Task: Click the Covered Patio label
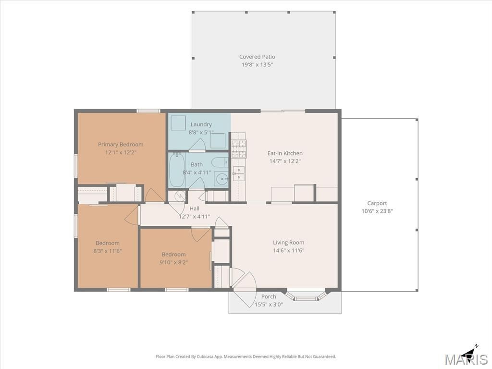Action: coord(257,57)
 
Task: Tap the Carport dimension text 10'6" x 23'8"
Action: coord(377,211)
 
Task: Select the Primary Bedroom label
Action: coord(121,145)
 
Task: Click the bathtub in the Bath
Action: coord(177,170)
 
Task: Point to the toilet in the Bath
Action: coord(220,162)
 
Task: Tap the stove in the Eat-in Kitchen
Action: coord(239,149)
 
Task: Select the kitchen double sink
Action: coord(239,173)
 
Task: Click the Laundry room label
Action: coord(201,124)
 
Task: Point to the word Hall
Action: coord(194,209)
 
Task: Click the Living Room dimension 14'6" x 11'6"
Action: coord(288,250)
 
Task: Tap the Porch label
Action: coord(269,296)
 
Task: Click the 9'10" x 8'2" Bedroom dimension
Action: coord(173,262)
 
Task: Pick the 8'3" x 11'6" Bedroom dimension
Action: coord(107,251)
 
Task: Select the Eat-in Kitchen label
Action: coord(285,153)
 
